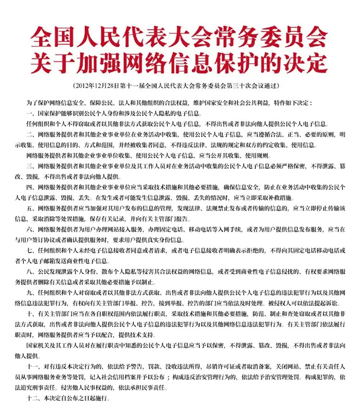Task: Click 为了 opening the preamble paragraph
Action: pyautogui.click(x=31, y=103)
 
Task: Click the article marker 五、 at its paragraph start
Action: pyautogui.click(x=30, y=209)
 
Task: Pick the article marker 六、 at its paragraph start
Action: pyautogui.click(x=30, y=230)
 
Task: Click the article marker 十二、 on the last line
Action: pyautogui.click(x=32, y=399)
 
